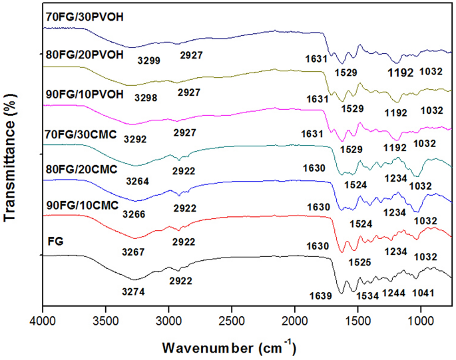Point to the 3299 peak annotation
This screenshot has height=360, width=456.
pos(149,59)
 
